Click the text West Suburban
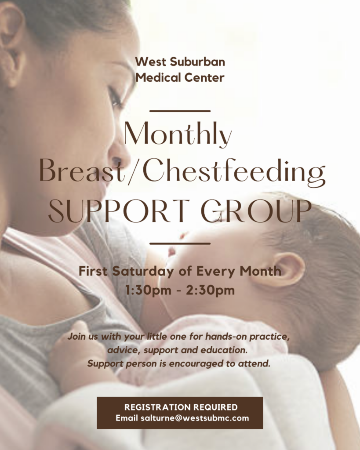(x=180, y=62)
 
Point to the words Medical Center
(x=180, y=77)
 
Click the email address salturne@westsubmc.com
(x=195, y=418)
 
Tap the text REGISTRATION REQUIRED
(x=181, y=407)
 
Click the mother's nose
(x=119, y=149)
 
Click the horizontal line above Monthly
(x=180, y=111)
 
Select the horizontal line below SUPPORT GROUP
(x=180, y=243)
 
